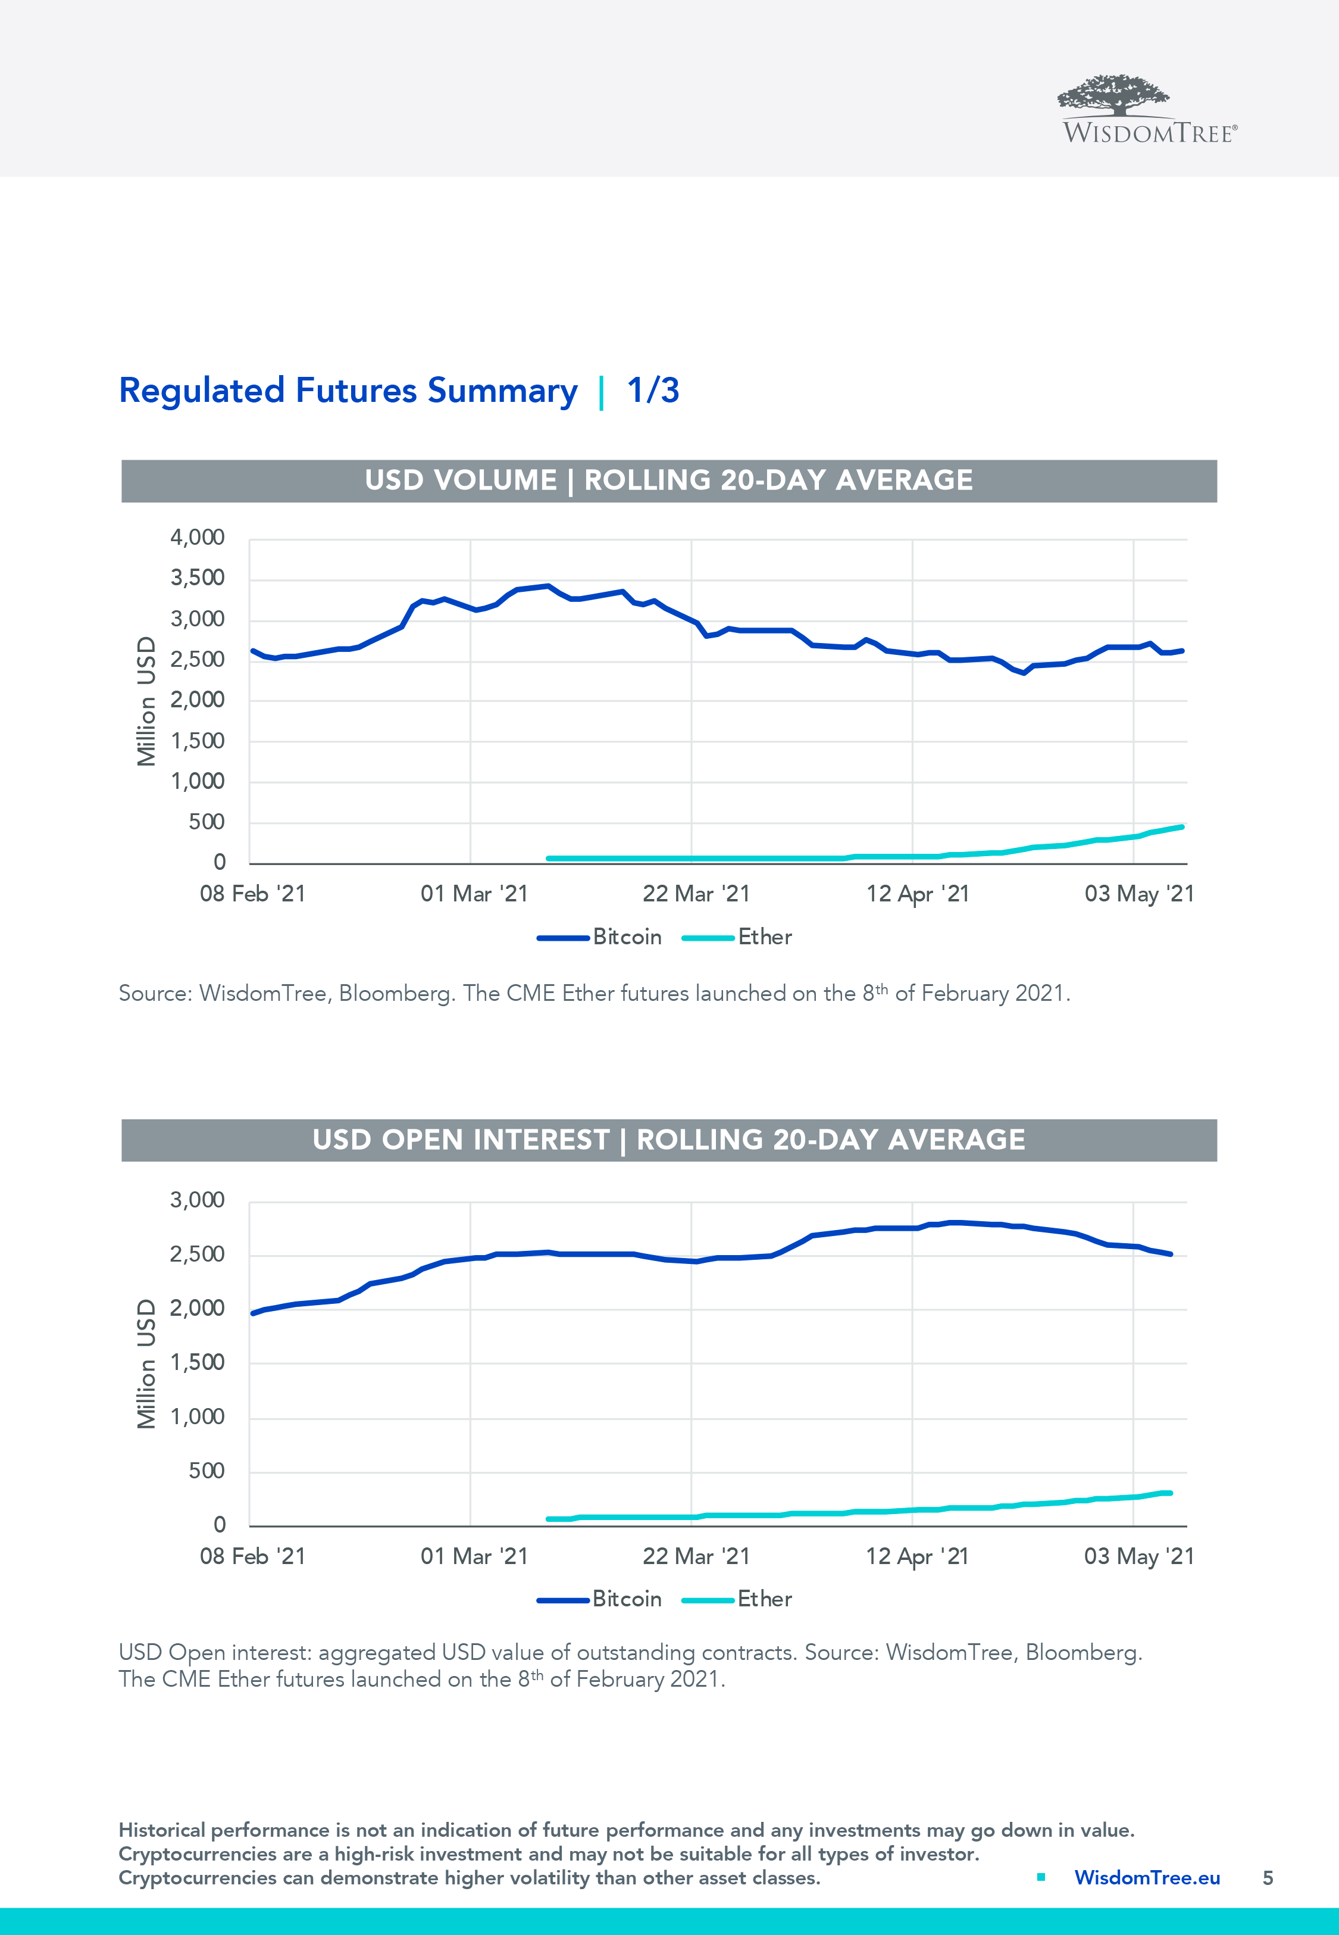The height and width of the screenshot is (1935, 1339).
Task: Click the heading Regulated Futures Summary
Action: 348,391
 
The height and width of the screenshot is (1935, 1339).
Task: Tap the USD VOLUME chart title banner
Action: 669,481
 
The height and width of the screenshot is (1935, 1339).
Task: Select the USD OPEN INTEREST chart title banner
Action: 669,1140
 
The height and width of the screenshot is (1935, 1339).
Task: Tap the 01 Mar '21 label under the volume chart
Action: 474,894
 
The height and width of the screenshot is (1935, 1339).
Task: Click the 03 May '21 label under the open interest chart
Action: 1138,1556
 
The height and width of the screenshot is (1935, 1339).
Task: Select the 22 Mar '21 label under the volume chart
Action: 696,894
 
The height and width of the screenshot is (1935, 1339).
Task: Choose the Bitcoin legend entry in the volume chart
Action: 600,937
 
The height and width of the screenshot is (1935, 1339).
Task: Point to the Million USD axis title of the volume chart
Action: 147,701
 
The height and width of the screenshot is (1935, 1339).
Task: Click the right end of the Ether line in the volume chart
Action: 1181,828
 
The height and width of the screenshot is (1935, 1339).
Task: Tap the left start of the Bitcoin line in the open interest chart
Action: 254,1313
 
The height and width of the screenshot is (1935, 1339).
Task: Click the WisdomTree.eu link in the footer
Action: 1147,1878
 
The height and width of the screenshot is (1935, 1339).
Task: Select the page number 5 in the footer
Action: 1268,1878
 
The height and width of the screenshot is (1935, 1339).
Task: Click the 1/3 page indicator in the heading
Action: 653,391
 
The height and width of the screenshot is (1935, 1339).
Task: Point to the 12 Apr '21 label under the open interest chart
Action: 917,1556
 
